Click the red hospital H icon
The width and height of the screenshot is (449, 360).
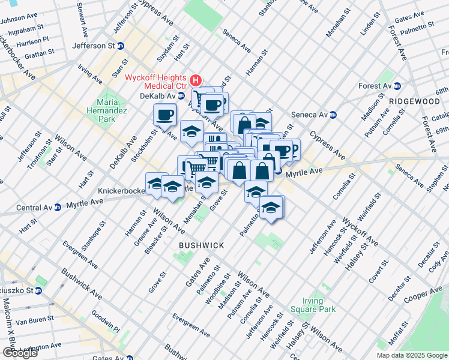click(x=195, y=80)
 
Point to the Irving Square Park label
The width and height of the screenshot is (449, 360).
click(x=319, y=305)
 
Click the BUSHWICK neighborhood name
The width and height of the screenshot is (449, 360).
click(x=202, y=245)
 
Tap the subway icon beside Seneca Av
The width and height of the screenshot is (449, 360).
click(x=333, y=115)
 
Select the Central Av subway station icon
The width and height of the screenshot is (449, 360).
click(x=57, y=208)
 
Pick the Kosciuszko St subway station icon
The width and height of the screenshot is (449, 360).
click(x=38, y=291)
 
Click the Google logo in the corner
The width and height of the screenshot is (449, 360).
click(x=20, y=353)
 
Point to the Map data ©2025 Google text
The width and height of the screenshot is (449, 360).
click(x=412, y=355)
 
